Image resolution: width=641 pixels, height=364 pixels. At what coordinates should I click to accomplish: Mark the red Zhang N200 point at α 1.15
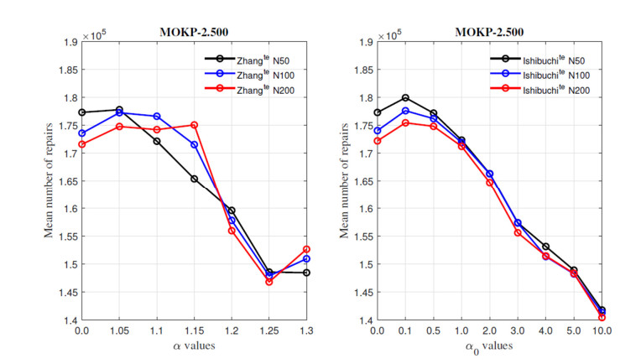(194, 125)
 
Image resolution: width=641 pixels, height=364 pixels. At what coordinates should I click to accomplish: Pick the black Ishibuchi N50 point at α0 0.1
(405, 98)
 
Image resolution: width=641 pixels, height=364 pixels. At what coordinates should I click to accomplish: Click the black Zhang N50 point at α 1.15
(194, 179)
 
